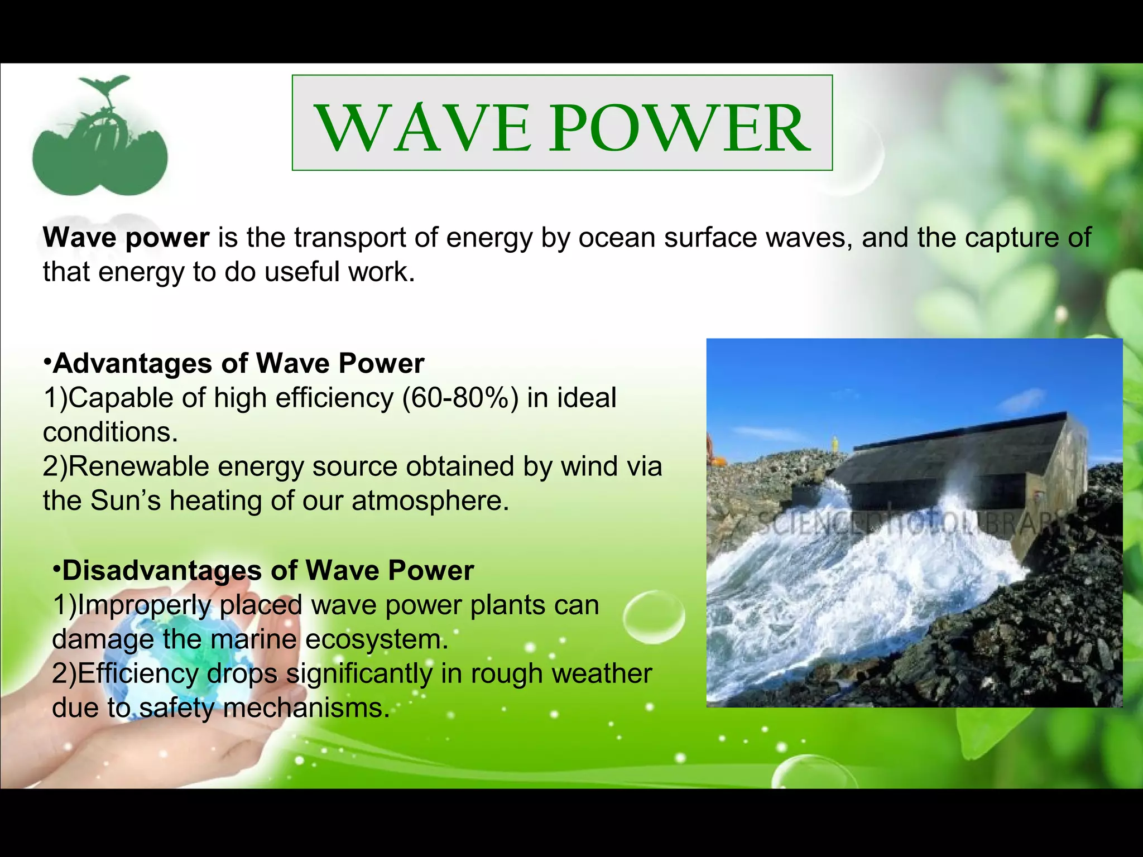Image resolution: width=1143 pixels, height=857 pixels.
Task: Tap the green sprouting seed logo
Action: tap(100, 139)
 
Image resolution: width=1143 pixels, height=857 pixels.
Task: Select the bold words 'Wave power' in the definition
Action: tap(126, 238)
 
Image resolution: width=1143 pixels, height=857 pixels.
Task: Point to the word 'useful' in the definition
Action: tap(301, 273)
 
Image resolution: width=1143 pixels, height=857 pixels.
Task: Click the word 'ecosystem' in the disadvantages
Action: tap(377, 640)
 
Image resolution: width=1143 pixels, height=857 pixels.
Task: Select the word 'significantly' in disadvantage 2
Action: tap(359, 674)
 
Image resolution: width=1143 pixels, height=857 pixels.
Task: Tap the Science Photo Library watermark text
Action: tap(904, 524)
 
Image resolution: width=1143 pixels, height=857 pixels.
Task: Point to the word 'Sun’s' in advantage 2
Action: tap(126, 501)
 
